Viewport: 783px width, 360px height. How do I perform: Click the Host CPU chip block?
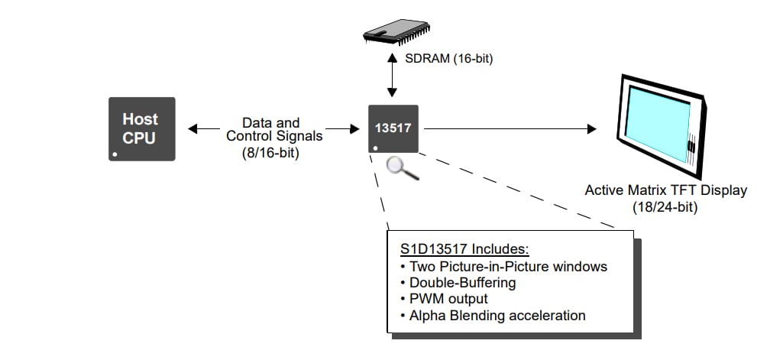click(x=141, y=128)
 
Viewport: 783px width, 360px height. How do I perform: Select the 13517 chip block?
click(x=393, y=128)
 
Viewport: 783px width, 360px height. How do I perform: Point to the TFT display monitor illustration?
click(x=660, y=125)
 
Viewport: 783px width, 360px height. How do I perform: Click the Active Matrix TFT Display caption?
click(x=665, y=190)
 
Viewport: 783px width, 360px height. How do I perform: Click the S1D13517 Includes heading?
click(x=464, y=250)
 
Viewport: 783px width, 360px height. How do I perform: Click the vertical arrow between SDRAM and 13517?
click(x=392, y=76)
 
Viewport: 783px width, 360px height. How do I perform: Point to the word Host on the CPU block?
click(x=141, y=119)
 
